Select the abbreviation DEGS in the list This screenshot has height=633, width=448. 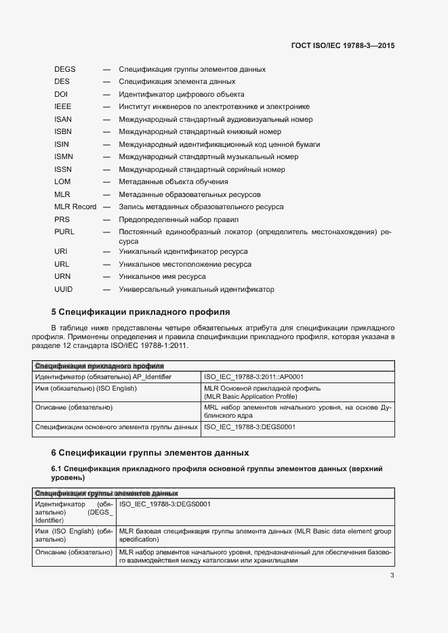tap(65, 69)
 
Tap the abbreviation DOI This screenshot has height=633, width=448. tap(61, 94)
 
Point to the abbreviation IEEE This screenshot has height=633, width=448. tap(62, 107)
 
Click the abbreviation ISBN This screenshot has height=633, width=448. tap(63, 132)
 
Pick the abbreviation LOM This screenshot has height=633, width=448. tap(62, 182)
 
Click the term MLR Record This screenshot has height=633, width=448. tap(75, 207)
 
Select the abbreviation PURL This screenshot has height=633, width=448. tap(64, 232)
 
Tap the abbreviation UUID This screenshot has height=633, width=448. tap(63, 290)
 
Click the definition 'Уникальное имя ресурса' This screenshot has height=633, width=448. tap(162, 277)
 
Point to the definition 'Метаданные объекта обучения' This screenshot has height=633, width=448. tap(173, 182)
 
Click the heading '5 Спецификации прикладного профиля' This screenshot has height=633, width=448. tap(141, 312)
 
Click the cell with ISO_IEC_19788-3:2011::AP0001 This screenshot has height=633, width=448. tap(253, 376)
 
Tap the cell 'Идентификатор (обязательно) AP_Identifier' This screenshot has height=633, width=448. tap(103, 376)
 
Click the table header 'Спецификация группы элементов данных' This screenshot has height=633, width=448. tap(106, 494)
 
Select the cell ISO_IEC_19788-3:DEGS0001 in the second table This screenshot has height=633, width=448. tap(165, 504)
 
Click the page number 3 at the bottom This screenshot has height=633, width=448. tap(392, 576)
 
